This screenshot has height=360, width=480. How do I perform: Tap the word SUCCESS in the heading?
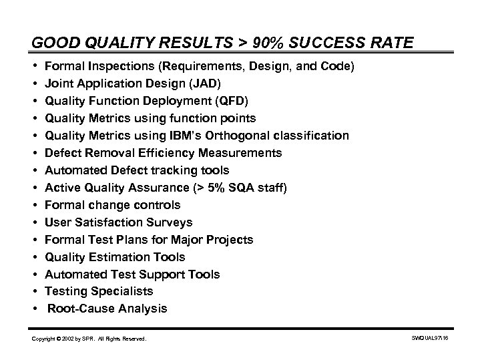(x=318, y=44)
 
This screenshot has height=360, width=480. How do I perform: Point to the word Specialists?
(x=120, y=291)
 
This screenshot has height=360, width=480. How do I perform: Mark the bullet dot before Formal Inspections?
(x=34, y=67)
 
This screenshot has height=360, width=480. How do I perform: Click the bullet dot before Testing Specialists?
(x=34, y=291)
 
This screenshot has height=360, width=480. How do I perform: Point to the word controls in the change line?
(x=158, y=205)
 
